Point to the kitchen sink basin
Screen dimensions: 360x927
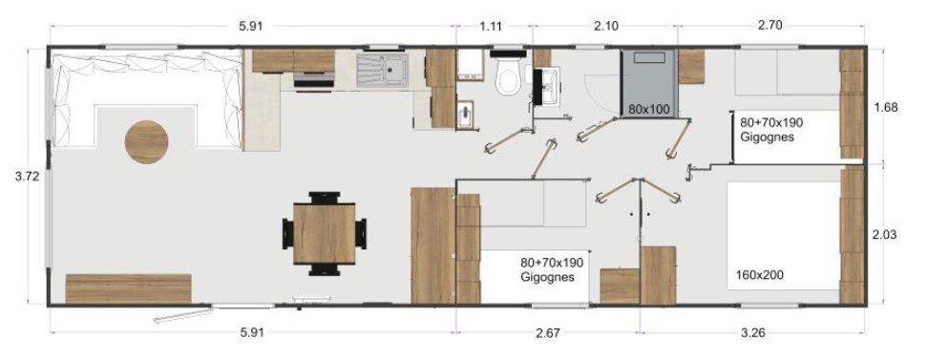point(391,69)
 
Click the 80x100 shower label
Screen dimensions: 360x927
point(648,110)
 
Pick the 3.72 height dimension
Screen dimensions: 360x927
point(22,176)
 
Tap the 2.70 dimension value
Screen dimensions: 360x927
point(769,26)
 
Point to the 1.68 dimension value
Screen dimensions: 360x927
point(886,108)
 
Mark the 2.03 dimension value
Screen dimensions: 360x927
point(886,234)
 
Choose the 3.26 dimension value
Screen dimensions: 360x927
point(753,334)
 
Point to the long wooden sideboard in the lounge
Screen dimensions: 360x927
point(128,287)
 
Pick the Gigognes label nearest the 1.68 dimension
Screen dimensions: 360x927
point(767,137)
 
